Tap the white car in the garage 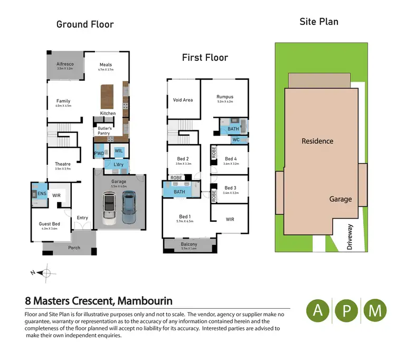(109, 209)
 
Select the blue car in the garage (129, 207)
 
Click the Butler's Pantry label (103, 131)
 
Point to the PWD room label (99, 154)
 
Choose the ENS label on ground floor (42, 194)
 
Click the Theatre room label (63, 164)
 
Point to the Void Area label (183, 100)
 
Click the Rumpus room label (224, 97)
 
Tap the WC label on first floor (235, 140)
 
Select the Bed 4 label (231, 159)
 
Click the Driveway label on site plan (350, 236)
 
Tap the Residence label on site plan (317, 141)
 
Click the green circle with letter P (346, 311)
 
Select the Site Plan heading (319, 22)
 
